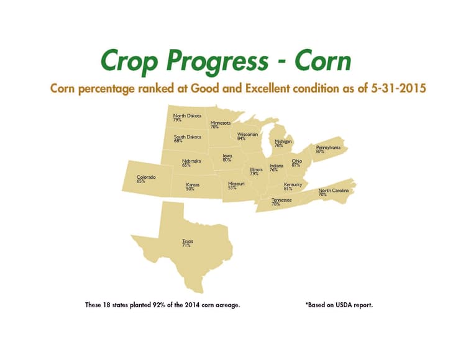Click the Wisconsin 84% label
(x=247, y=136)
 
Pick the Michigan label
(x=283, y=143)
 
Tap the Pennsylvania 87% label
(x=328, y=149)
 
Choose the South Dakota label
(x=187, y=139)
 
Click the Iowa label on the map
(x=227, y=158)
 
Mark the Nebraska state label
(x=191, y=163)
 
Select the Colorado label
(x=146, y=179)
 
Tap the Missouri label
(x=236, y=186)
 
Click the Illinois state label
(x=256, y=171)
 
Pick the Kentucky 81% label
(x=293, y=186)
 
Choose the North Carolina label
(x=334, y=192)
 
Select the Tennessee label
(x=281, y=202)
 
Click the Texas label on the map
(x=187, y=243)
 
